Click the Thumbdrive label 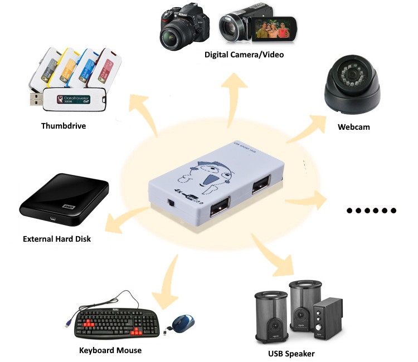point(64,125)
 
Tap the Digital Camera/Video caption point(244,54)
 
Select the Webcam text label point(353,127)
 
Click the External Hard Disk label point(56,239)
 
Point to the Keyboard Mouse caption point(110,350)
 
